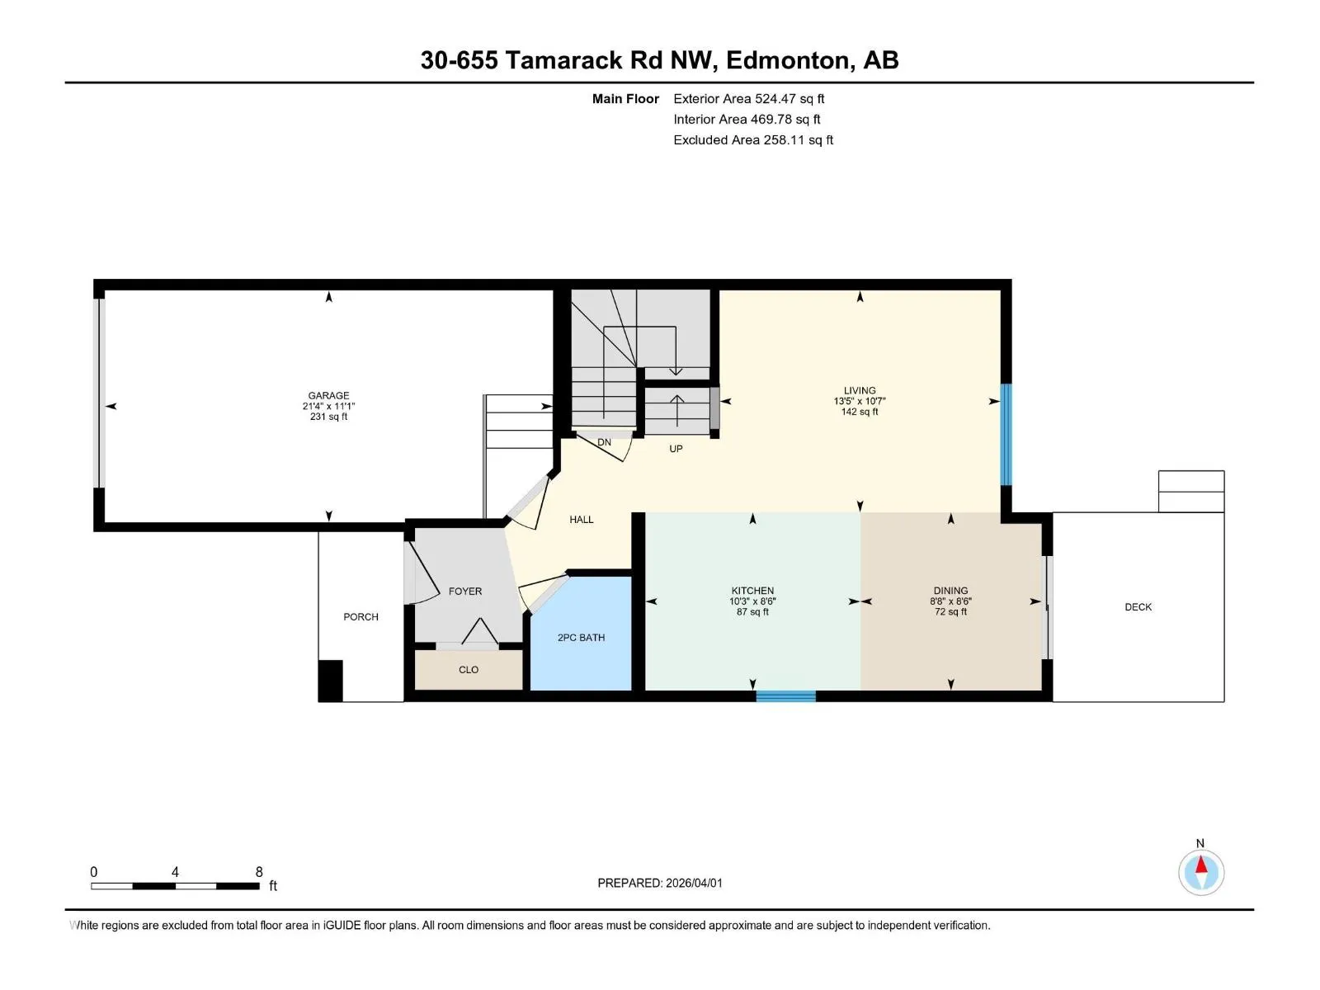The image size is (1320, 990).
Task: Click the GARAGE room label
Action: pyautogui.click(x=328, y=395)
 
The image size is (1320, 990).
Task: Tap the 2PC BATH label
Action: pyautogui.click(x=581, y=638)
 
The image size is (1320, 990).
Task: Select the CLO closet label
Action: pyautogui.click(x=469, y=670)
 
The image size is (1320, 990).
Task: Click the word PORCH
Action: pyautogui.click(x=361, y=617)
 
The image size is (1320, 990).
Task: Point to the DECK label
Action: pyautogui.click(x=1138, y=607)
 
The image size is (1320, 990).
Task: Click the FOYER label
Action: pyautogui.click(x=464, y=592)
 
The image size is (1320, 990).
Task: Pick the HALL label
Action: pyautogui.click(x=582, y=520)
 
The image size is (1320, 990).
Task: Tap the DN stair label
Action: pyautogui.click(x=605, y=442)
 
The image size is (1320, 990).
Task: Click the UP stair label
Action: pyautogui.click(x=676, y=449)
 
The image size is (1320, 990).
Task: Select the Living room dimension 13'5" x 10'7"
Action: pyautogui.click(x=860, y=401)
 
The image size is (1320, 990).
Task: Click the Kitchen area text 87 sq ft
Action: pyautogui.click(x=752, y=612)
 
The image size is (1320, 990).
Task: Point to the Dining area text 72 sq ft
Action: pyautogui.click(x=950, y=612)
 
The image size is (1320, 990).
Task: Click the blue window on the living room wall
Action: pyautogui.click(x=1006, y=434)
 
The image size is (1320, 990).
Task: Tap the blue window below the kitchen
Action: pyautogui.click(x=785, y=696)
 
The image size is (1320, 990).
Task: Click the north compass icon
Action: pyautogui.click(x=1201, y=871)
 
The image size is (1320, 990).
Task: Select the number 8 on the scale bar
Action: pyautogui.click(x=259, y=871)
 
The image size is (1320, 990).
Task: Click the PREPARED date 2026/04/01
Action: pyautogui.click(x=694, y=883)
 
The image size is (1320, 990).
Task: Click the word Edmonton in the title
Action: pyautogui.click(x=788, y=60)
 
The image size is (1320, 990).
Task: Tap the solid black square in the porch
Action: pyautogui.click(x=330, y=681)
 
